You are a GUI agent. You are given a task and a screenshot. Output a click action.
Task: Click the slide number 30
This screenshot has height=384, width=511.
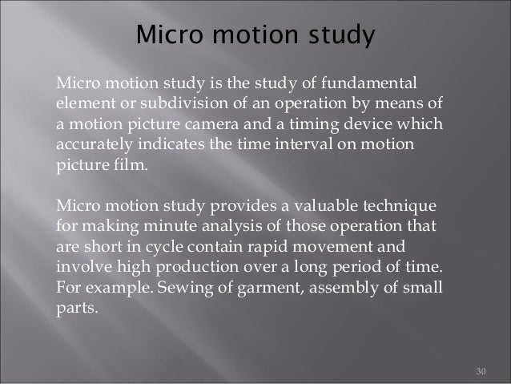tap(481, 371)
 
